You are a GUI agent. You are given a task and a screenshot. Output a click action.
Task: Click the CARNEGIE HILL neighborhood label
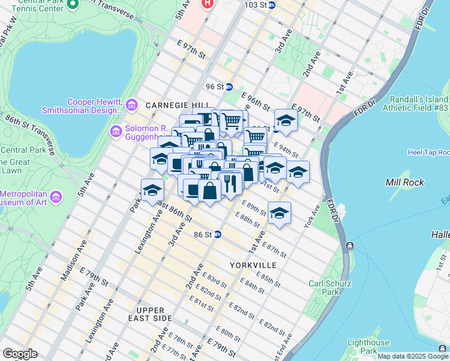(x=168, y=105)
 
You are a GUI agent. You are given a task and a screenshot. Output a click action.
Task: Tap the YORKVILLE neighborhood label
(x=253, y=265)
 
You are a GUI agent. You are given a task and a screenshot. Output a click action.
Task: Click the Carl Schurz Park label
(x=330, y=288)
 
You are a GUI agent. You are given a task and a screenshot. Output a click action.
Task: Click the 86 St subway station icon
(x=218, y=234)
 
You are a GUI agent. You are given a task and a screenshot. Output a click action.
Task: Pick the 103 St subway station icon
(x=271, y=5)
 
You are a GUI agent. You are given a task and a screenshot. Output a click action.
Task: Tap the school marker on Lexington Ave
(x=153, y=190)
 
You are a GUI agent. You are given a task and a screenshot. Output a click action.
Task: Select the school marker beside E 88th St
(x=279, y=213)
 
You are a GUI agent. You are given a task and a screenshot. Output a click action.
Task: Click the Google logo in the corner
(x=20, y=354)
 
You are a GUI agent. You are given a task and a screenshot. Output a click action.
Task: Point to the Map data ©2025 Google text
(x=413, y=356)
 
